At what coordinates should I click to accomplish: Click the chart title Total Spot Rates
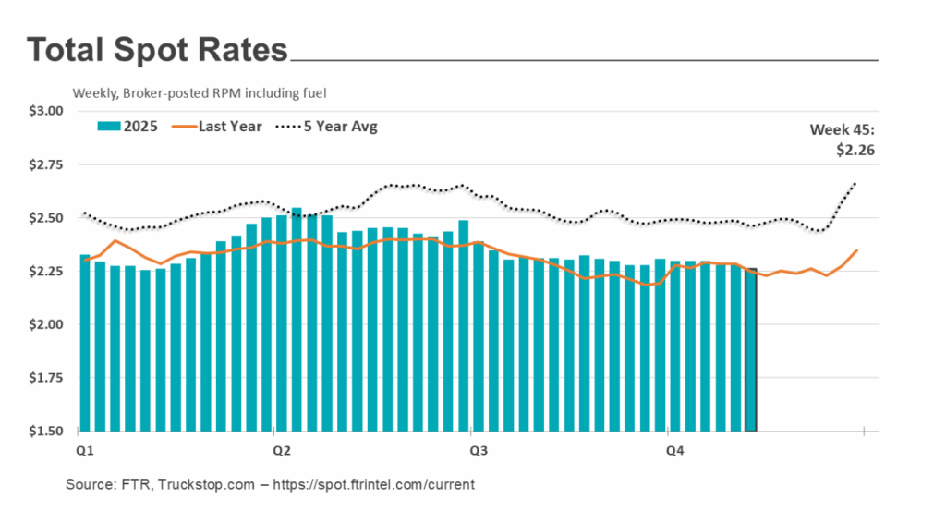(x=158, y=50)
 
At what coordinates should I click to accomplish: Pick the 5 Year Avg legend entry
(x=329, y=127)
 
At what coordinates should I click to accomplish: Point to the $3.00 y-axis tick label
(x=45, y=111)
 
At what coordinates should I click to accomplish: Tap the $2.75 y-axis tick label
(x=45, y=164)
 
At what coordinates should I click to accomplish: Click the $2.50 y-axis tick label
(x=45, y=218)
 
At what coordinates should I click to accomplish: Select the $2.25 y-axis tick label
(x=45, y=272)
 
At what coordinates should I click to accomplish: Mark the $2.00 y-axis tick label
(x=45, y=324)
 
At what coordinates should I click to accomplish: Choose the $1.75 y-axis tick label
(x=45, y=378)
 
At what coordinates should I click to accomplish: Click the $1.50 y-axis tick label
(x=45, y=432)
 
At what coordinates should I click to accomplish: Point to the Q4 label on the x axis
(x=676, y=451)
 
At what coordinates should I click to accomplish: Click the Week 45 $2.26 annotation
(x=843, y=138)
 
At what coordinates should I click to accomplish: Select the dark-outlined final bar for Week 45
(x=751, y=351)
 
